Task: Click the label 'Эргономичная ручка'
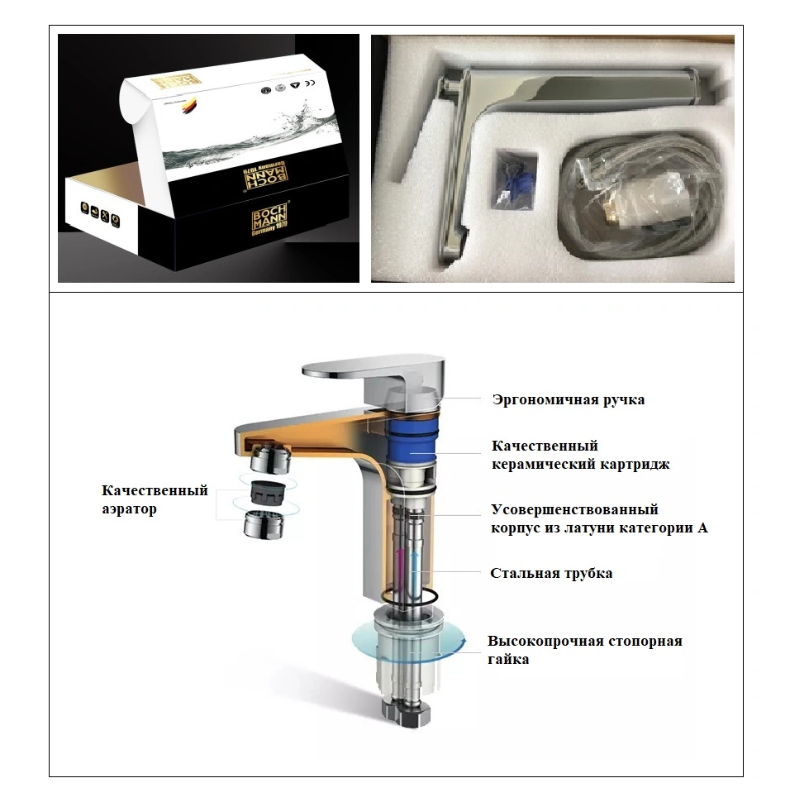(568, 400)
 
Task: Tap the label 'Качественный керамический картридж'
(580, 456)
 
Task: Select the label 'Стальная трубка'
(551, 573)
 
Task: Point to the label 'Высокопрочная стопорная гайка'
(584, 650)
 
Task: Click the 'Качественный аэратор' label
(155, 499)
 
